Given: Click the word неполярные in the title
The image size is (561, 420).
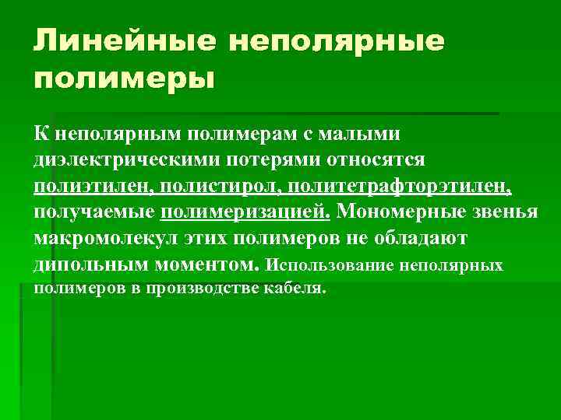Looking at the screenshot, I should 337,41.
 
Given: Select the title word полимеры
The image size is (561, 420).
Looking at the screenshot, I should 123,79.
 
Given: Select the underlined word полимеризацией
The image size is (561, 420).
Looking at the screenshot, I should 246,212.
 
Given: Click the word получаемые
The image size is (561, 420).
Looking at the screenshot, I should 95,212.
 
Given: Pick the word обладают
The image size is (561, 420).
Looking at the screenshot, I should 437,238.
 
